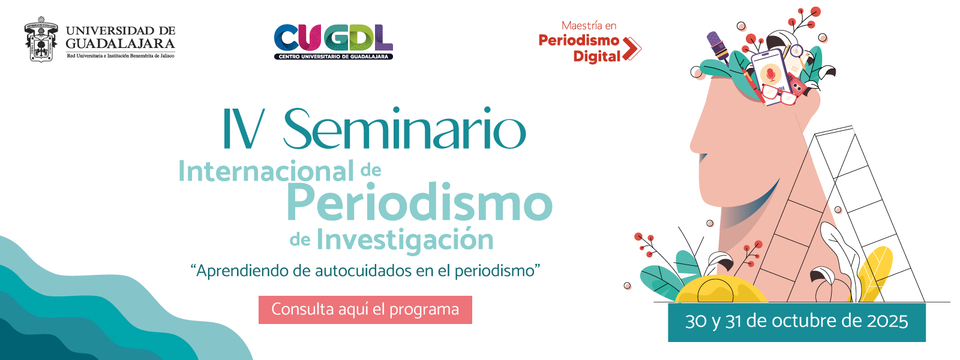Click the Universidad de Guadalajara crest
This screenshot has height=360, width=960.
(41, 39)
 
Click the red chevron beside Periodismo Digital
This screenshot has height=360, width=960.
(632, 49)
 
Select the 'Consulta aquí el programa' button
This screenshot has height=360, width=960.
(365, 310)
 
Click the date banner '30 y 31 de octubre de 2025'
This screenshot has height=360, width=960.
(797, 322)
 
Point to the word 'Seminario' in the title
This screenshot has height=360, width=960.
(404, 128)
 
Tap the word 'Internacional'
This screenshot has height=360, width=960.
(266, 171)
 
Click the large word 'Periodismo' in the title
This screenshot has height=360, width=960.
(420, 202)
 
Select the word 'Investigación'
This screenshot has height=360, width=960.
(405, 240)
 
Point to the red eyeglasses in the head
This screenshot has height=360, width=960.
(779, 95)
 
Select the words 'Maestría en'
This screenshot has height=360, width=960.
(589, 26)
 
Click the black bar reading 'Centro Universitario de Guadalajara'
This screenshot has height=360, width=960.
(334, 56)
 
